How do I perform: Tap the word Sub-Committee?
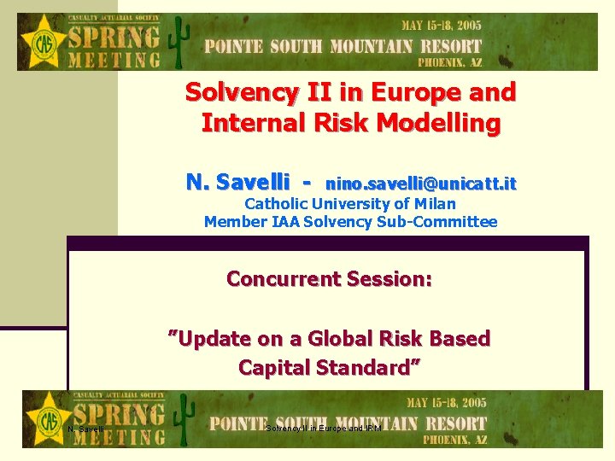(x=444, y=222)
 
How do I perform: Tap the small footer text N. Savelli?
(x=85, y=429)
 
